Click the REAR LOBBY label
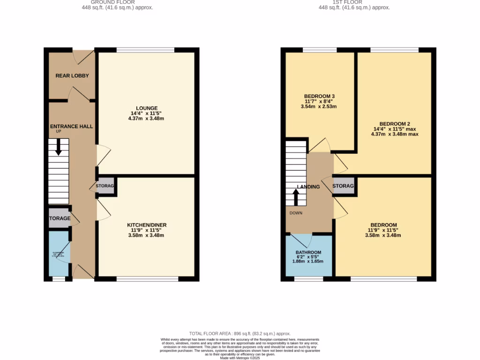click(72, 75)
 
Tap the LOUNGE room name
click(147, 108)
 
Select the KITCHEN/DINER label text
click(147, 225)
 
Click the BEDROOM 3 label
click(319, 96)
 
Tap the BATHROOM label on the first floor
click(308, 252)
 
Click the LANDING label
click(308, 187)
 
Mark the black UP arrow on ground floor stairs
click(58, 148)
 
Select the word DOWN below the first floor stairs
click(296, 213)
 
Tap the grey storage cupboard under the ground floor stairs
click(59, 218)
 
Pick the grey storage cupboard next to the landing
click(343, 186)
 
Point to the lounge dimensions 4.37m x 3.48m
click(147, 118)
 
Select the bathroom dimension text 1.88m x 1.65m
click(308, 261)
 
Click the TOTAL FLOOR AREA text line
click(240, 332)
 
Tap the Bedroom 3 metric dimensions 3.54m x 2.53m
click(319, 106)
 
